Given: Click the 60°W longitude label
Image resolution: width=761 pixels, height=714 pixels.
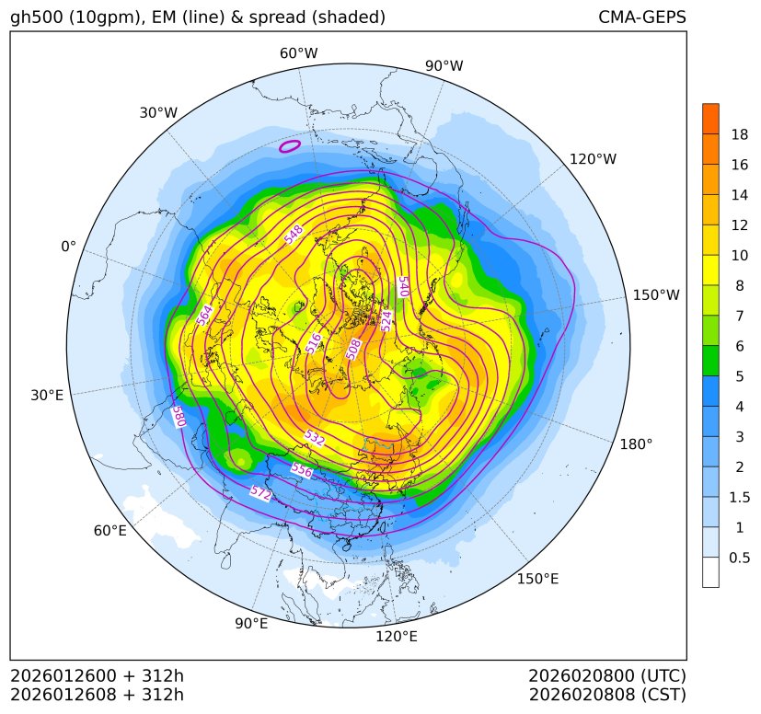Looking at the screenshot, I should [x=298, y=53].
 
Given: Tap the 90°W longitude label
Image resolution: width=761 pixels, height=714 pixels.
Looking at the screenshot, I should [x=444, y=65].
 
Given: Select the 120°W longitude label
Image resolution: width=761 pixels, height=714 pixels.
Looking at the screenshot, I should [x=593, y=159].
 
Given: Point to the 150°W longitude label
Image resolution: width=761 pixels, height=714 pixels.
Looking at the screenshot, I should [x=656, y=295].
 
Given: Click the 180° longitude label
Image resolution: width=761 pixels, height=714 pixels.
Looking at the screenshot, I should [x=636, y=444].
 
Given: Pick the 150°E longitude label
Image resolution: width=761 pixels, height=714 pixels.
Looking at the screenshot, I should [x=537, y=579].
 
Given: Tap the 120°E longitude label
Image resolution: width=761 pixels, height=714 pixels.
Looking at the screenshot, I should [x=397, y=637].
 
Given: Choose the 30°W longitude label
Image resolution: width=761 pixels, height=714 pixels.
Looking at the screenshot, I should [x=158, y=113].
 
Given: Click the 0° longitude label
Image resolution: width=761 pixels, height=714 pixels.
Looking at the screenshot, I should [x=68, y=247].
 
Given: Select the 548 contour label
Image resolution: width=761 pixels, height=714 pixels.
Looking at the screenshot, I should [x=294, y=236].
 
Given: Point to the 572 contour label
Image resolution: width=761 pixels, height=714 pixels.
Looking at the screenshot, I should [x=261, y=494].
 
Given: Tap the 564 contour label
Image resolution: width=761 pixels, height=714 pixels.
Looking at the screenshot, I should [x=204, y=315].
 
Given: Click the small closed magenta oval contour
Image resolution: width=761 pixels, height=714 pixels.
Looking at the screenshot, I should [x=290, y=145].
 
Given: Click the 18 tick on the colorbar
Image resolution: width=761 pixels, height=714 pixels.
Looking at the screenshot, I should [x=739, y=135].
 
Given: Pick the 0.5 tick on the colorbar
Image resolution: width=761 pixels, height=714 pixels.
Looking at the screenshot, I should [x=739, y=558].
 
